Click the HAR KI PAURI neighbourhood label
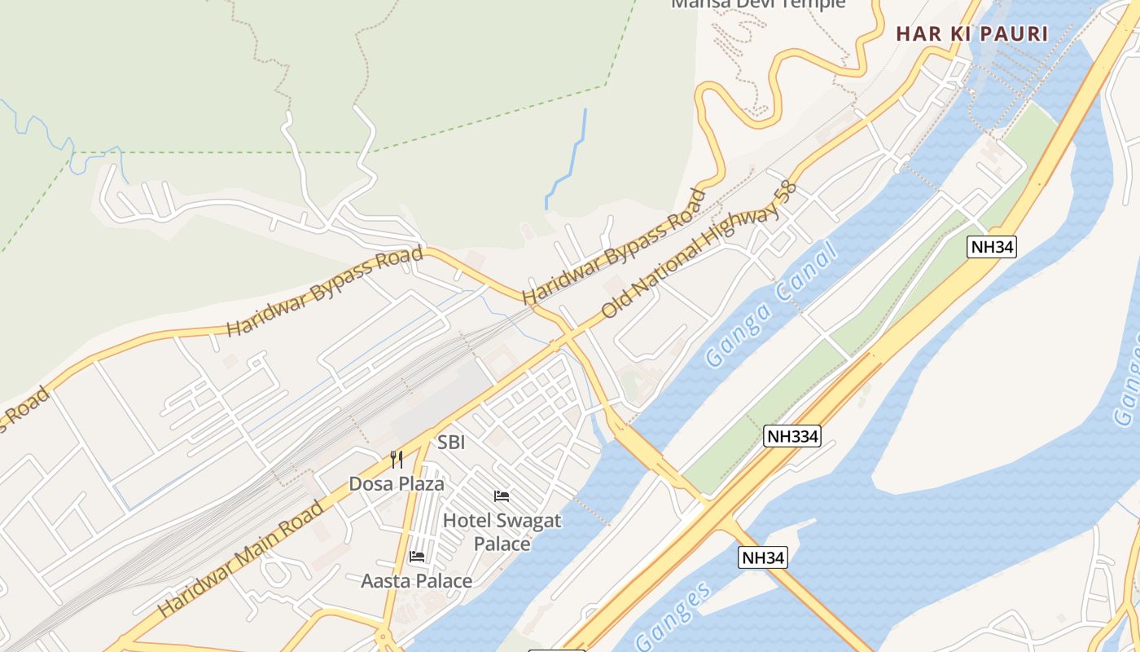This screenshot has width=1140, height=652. (x=972, y=33)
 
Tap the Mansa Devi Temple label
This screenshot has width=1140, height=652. (x=758, y=4)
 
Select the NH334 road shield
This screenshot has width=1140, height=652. (x=792, y=436)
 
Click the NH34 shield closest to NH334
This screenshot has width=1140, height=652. (x=763, y=557)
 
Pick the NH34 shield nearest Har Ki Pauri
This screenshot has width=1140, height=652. (x=993, y=247)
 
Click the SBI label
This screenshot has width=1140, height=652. (x=451, y=443)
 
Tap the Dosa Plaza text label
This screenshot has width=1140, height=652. (x=397, y=483)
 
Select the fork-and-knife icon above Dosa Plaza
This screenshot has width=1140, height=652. (x=397, y=460)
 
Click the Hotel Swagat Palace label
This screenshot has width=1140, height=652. (x=502, y=531)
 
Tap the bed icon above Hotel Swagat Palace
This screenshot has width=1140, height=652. (x=502, y=496)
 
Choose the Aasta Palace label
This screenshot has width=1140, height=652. (x=417, y=581)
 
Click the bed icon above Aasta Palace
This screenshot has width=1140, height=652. (x=417, y=557)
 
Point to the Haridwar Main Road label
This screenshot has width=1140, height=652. (x=240, y=559)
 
